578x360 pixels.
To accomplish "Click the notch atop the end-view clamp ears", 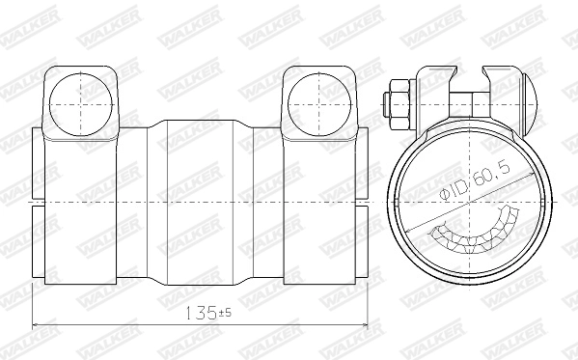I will tap(472, 72).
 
